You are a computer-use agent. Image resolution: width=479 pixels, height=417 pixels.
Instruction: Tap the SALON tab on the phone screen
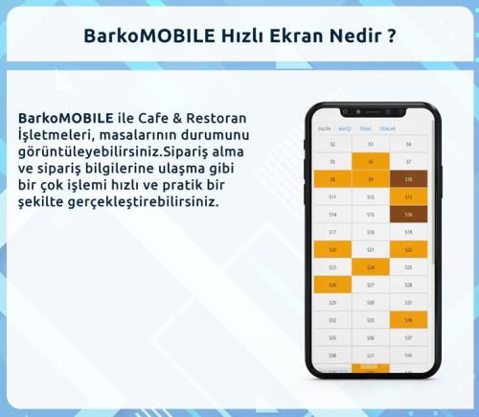pyautogui.click(x=324, y=127)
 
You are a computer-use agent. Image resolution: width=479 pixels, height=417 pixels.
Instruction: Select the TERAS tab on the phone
pyautogui.click(x=365, y=127)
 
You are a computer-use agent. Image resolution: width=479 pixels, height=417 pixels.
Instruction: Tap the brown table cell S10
pyautogui.click(x=408, y=179)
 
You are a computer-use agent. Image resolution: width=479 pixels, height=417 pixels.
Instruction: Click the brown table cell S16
pyautogui.click(x=408, y=215)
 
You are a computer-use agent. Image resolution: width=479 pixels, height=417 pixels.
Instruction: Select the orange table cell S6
pyautogui.click(x=370, y=162)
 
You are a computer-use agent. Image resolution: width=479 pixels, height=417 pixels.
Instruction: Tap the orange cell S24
pyautogui.click(x=370, y=267)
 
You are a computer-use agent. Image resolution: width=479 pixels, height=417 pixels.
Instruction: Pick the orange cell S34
pyautogui.click(x=408, y=320)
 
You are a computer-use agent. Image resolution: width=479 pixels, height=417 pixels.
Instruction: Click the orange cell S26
pyautogui.click(x=332, y=285)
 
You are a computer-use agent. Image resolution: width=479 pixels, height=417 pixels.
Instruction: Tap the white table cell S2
pyautogui.click(x=332, y=144)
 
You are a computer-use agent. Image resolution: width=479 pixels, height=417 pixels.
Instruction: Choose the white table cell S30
pyautogui.click(x=370, y=303)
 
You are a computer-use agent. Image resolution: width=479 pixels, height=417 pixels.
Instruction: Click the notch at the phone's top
pyautogui.click(x=371, y=107)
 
